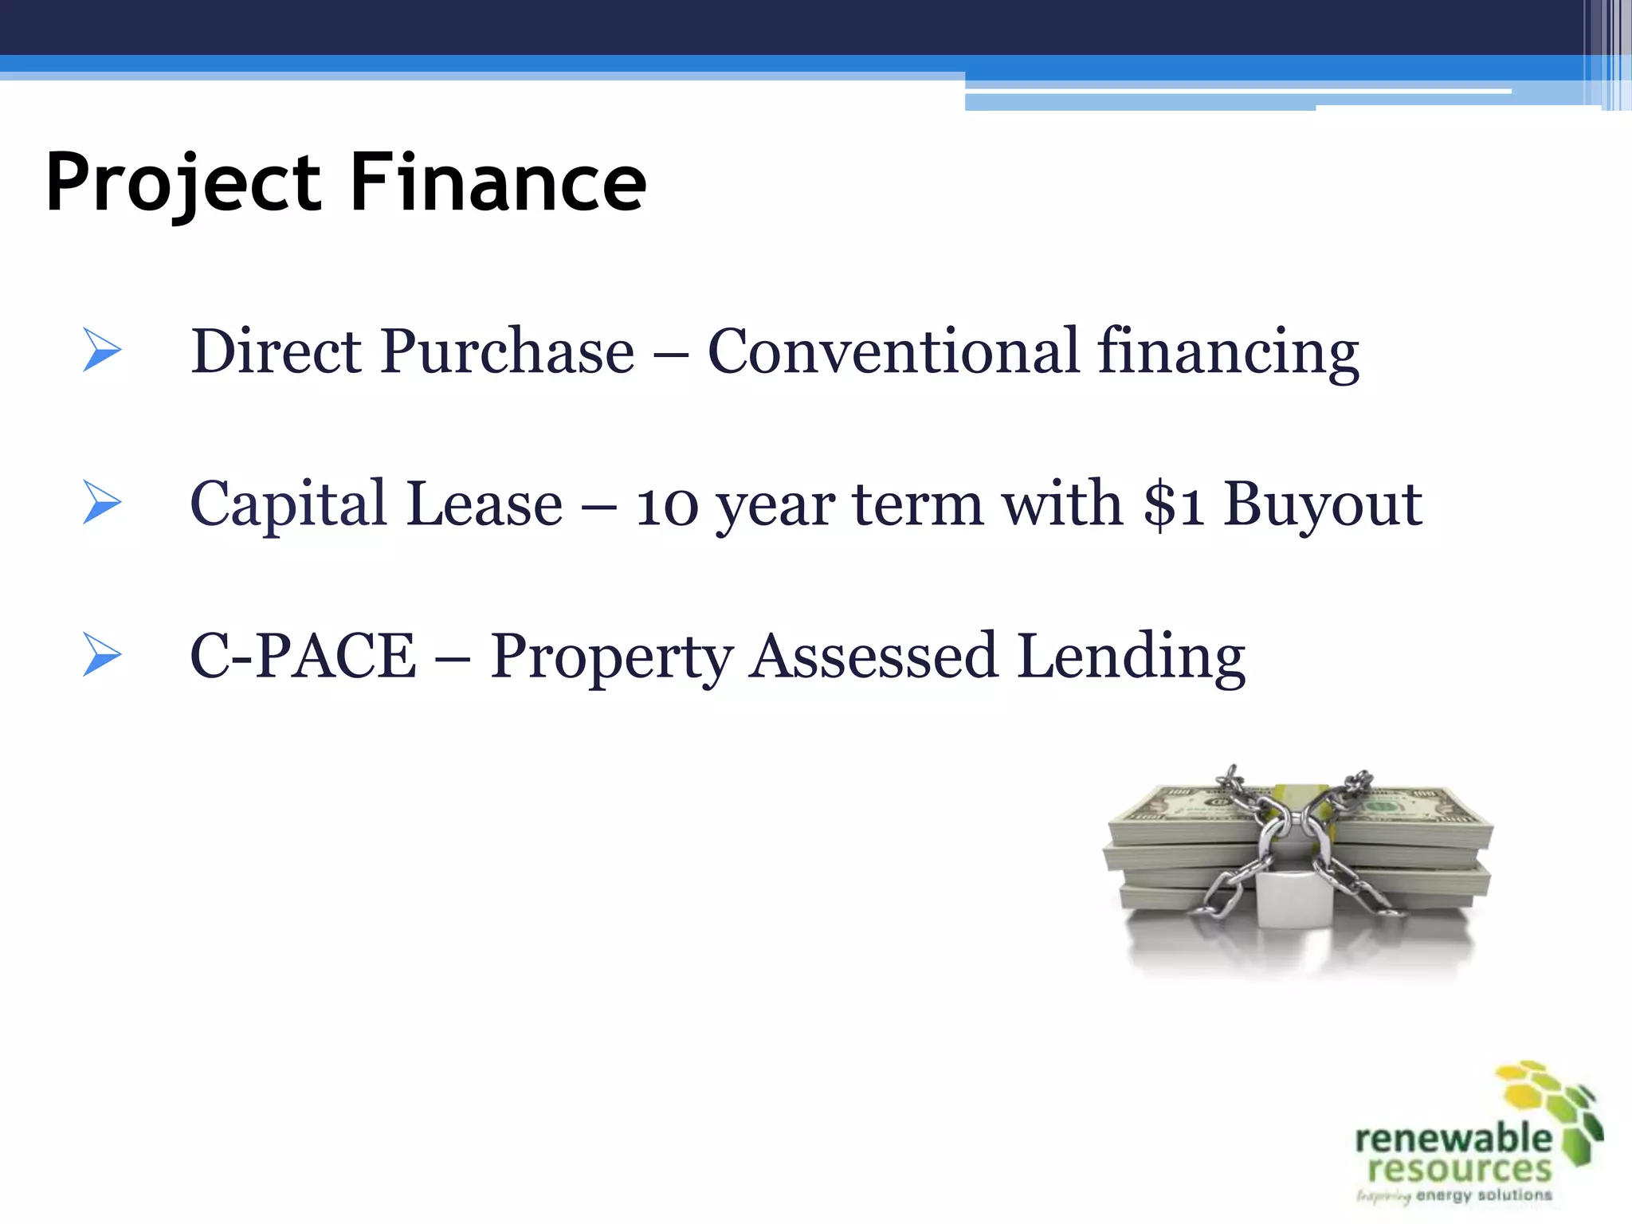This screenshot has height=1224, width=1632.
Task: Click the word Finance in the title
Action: [498, 183]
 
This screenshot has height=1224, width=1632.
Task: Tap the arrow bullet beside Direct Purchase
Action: [102, 350]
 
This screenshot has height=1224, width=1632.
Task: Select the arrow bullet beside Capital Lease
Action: [102, 503]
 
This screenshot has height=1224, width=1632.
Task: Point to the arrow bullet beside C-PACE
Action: [102, 655]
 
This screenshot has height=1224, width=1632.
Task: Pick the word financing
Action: [1228, 352]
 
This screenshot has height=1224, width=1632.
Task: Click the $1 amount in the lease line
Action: [1173, 504]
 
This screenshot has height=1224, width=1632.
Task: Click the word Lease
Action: [484, 504]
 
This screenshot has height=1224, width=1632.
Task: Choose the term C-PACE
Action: [303, 656]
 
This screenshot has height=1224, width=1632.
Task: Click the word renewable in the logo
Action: [1453, 1138]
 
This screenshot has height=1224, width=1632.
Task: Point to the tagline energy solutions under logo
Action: [1484, 1195]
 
